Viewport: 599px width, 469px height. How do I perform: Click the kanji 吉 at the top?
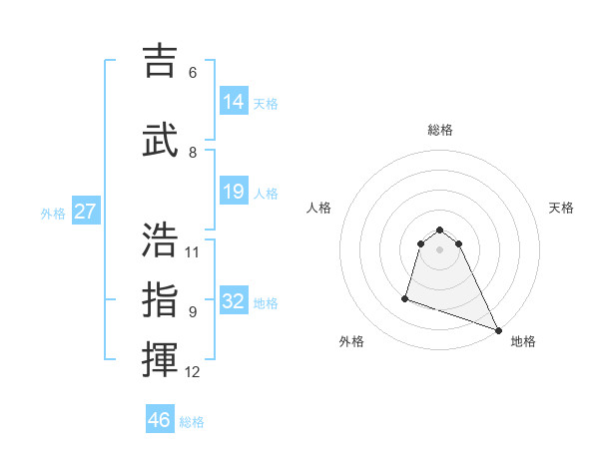(x=160, y=61)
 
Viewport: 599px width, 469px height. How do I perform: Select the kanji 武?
(x=160, y=140)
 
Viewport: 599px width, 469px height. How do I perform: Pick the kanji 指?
(x=160, y=299)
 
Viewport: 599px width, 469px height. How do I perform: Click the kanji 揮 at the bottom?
(x=160, y=360)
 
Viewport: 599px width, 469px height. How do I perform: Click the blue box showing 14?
(x=234, y=102)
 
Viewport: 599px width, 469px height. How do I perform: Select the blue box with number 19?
(x=234, y=192)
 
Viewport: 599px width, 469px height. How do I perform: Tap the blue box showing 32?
(x=234, y=301)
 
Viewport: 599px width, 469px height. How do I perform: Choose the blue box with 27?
(x=85, y=212)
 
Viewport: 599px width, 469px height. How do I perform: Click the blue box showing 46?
(x=160, y=419)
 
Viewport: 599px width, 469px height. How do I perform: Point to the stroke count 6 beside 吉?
(x=193, y=73)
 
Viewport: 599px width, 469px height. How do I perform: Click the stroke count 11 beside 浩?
(x=193, y=251)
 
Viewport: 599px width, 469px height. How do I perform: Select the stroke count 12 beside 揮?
(x=193, y=372)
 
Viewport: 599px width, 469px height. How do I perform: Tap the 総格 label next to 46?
(x=192, y=422)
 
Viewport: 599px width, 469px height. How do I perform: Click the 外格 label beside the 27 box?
(x=52, y=214)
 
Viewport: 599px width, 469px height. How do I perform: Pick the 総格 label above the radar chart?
(x=439, y=130)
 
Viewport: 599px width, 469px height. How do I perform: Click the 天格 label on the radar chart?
(x=561, y=208)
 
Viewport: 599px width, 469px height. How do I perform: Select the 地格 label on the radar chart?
(x=523, y=341)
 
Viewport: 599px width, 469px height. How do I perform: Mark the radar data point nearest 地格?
(x=498, y=330)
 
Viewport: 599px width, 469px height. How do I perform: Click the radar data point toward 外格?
(x=405, y=297)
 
